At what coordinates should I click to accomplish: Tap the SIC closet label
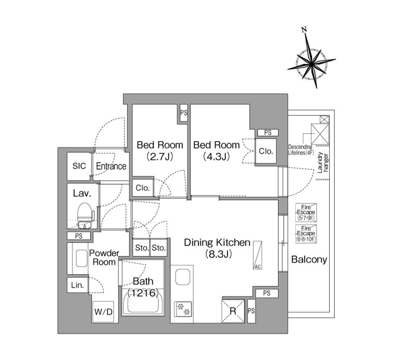click(79, 166)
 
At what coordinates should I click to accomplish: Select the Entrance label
click(111, 166)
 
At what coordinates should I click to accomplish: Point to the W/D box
click(103, 312)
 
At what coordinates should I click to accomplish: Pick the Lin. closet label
click(77, 285)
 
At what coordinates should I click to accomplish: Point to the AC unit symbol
click(257, 255)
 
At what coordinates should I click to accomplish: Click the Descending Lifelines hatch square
click(320, 134)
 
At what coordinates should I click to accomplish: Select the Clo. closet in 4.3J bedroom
click(266, 151)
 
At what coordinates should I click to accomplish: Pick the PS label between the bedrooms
click(183, 113)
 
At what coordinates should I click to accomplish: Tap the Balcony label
click(309, 259)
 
